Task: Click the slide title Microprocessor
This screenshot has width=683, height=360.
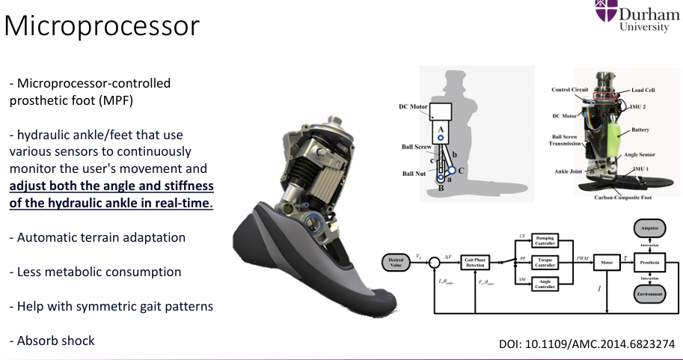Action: pyautogui.click(x=102, y=26)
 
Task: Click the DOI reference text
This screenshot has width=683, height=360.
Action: pyautogui.click(x=586, y=344)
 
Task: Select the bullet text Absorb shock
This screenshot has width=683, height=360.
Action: pyautogui.click(x=52, y=341)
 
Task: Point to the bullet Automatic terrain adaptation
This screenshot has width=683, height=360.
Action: pyautogui.click(x=97, y=237)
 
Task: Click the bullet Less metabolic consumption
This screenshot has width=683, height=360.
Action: pyautogui.click(x=95, y=272)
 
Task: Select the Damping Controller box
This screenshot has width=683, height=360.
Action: pyautogui.click(x=545, y=240)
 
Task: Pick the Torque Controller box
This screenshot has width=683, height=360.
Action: pyautogui.click(x=545, y=262)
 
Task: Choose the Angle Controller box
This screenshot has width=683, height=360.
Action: pyautogui.click(x=545, y=284)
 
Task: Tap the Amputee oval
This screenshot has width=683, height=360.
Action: pyautogui.click(x=649, y=228)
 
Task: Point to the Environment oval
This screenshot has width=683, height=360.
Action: pyautogui.click(x=649, y=294)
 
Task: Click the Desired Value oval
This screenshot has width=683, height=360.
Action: pyautogui.click(x=396, y=263)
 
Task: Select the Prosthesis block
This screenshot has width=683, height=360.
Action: pyautogui.click(x=649, y=263)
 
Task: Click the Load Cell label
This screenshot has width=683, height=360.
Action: pyautogui.click(x=643, y=90)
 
